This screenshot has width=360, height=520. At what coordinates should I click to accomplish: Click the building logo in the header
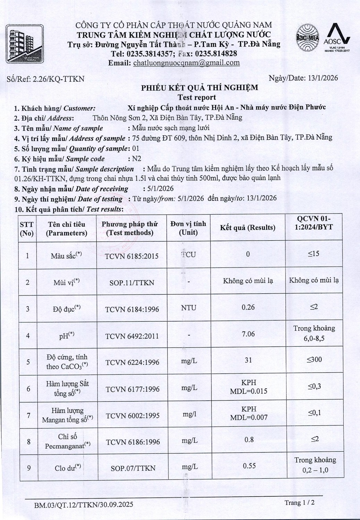pos(25,44)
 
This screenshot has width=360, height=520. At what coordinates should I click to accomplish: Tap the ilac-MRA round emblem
pos(307,38)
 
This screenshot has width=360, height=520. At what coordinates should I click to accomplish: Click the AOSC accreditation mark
pos(337,37)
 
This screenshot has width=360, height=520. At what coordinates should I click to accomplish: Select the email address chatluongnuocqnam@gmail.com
pos(186,63)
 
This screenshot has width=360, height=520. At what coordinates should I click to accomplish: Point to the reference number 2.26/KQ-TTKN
pos(58,79)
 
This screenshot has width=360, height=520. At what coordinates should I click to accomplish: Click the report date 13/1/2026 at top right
pos(323,78)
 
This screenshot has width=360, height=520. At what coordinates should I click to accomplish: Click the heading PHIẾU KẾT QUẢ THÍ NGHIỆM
pos(199,87)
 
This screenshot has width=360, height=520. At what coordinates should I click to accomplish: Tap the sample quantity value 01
pos(136,149)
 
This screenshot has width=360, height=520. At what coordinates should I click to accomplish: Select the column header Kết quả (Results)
pos(248,227)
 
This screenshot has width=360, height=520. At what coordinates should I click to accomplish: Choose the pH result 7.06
pos(248,334)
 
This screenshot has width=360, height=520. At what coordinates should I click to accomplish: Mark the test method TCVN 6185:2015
pos(131,256)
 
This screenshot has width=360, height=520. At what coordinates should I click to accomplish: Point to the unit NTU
pos(188,307)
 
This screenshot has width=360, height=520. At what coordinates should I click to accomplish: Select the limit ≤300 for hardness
pos(314,359)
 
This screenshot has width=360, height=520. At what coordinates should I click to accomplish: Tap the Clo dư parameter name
pos(68,468)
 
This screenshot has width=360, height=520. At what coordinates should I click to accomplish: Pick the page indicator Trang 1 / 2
pos(300,502)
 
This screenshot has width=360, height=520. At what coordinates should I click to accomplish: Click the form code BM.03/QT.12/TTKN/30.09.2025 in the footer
pos(84,504)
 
